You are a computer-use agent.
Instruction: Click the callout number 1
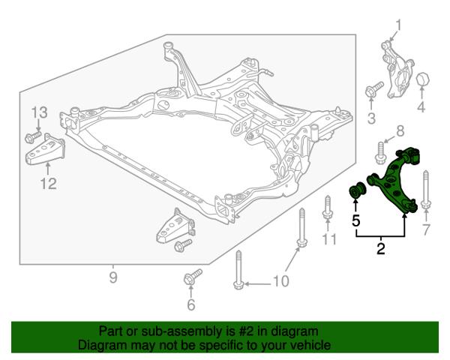pyautogui.click(x=398, y=25)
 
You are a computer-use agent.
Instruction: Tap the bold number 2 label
pyautogui.click(x=380, y=248)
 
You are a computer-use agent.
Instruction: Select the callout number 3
pyautogui.click(x=372, y=118)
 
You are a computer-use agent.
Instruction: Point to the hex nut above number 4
pyautogui.click(x=423, y=79)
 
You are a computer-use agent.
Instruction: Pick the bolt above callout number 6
pyautogui.click(x=193, y=277)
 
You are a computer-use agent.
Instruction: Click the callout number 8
pyautogui.click(x=400, y=131)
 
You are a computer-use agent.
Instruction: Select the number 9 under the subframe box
pyautogui.click(x=113, y=277)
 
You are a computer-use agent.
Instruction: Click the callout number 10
pyautogui.click(x=280, y=281)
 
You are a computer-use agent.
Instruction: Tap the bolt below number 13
pyautogui.click(x=33, y=137)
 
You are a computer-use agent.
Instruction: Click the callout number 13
pyautogui.click(x=39, y=112)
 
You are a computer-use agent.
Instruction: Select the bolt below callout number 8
pyautogui.click(x=380, y=153)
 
